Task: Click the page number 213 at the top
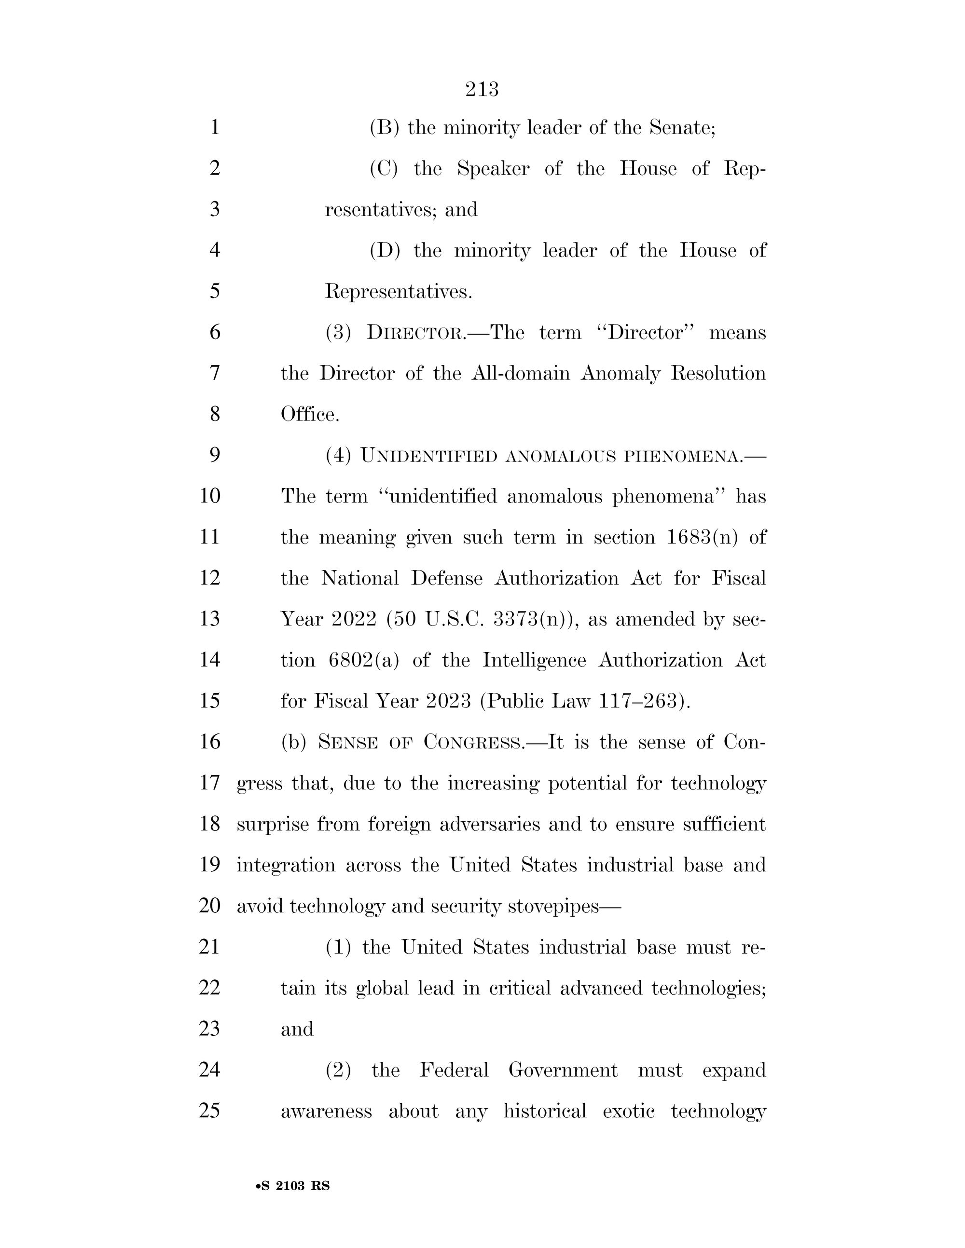482,90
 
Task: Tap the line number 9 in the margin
215,455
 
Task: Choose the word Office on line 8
309,414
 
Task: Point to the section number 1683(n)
703,538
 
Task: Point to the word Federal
454,1070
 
